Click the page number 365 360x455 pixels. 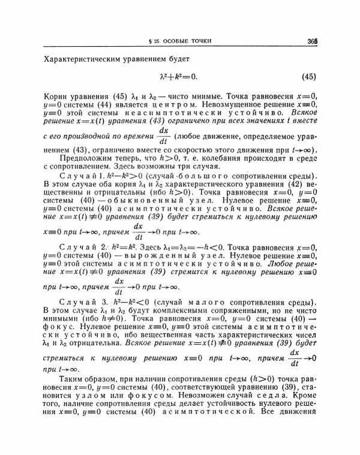coord(311,41)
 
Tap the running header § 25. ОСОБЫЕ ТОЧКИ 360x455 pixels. coord(180,41)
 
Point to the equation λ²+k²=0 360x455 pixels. coord(178,76)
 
